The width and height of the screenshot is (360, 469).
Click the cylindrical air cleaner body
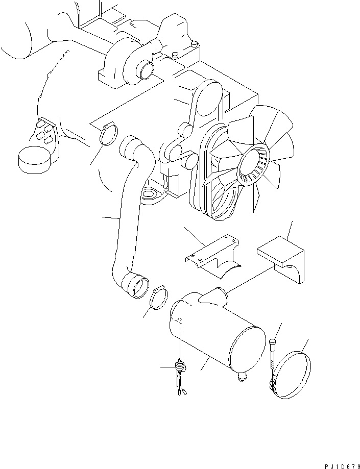point(204,337)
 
